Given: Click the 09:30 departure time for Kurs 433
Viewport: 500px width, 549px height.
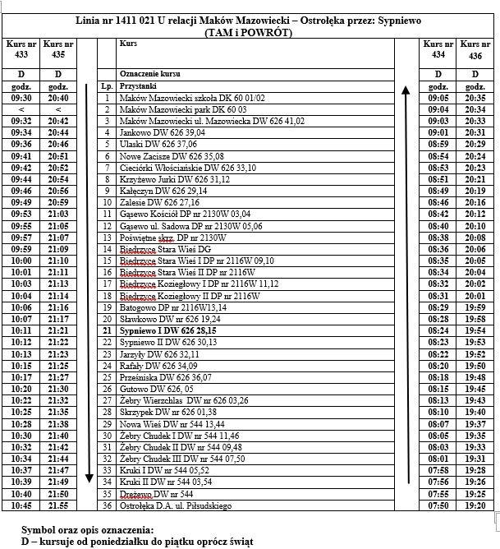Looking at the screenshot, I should (x=20, y=97).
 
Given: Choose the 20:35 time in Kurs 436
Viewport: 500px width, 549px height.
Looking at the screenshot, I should (x=476, y=97).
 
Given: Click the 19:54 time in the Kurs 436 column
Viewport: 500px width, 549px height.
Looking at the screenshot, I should (x=476, y=330).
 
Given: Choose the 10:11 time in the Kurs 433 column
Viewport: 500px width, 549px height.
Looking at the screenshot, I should (x=20, y=330).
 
